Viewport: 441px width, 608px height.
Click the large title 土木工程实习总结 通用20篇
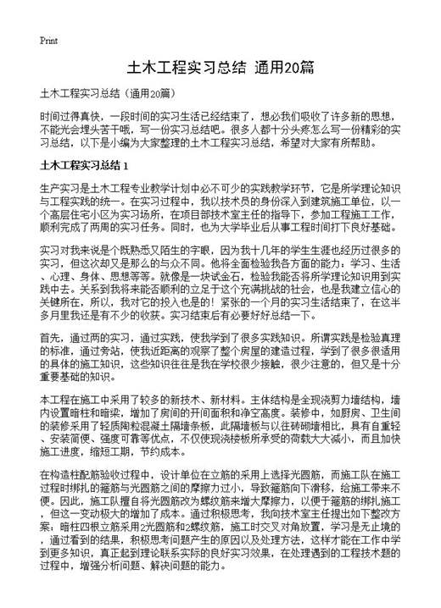(220, 67)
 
